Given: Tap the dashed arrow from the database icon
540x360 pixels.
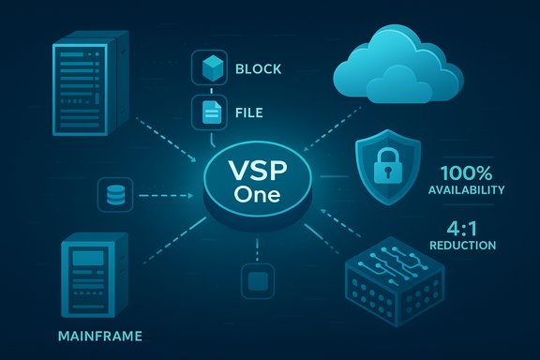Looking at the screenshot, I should click(x=164, y=195).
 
